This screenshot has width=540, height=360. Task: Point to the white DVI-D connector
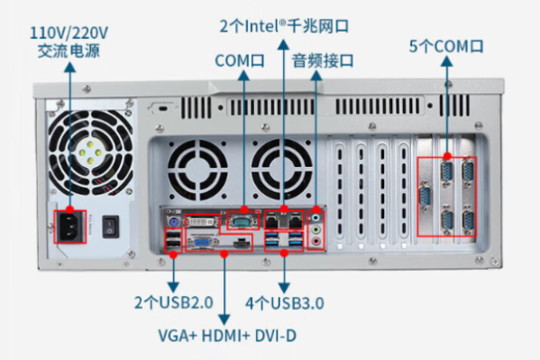click(x=200, y=220)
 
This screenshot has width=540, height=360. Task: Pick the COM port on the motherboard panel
click(x=241, y=219)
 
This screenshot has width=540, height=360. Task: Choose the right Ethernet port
click(x=293, y=219)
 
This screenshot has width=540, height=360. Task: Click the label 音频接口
click(x=322, y=61)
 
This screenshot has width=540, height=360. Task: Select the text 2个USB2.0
click(x=172, y=302)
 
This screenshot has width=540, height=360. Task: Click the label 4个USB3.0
click(x=284, y=302)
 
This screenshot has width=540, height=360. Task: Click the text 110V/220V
click(x=69, y=33)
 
